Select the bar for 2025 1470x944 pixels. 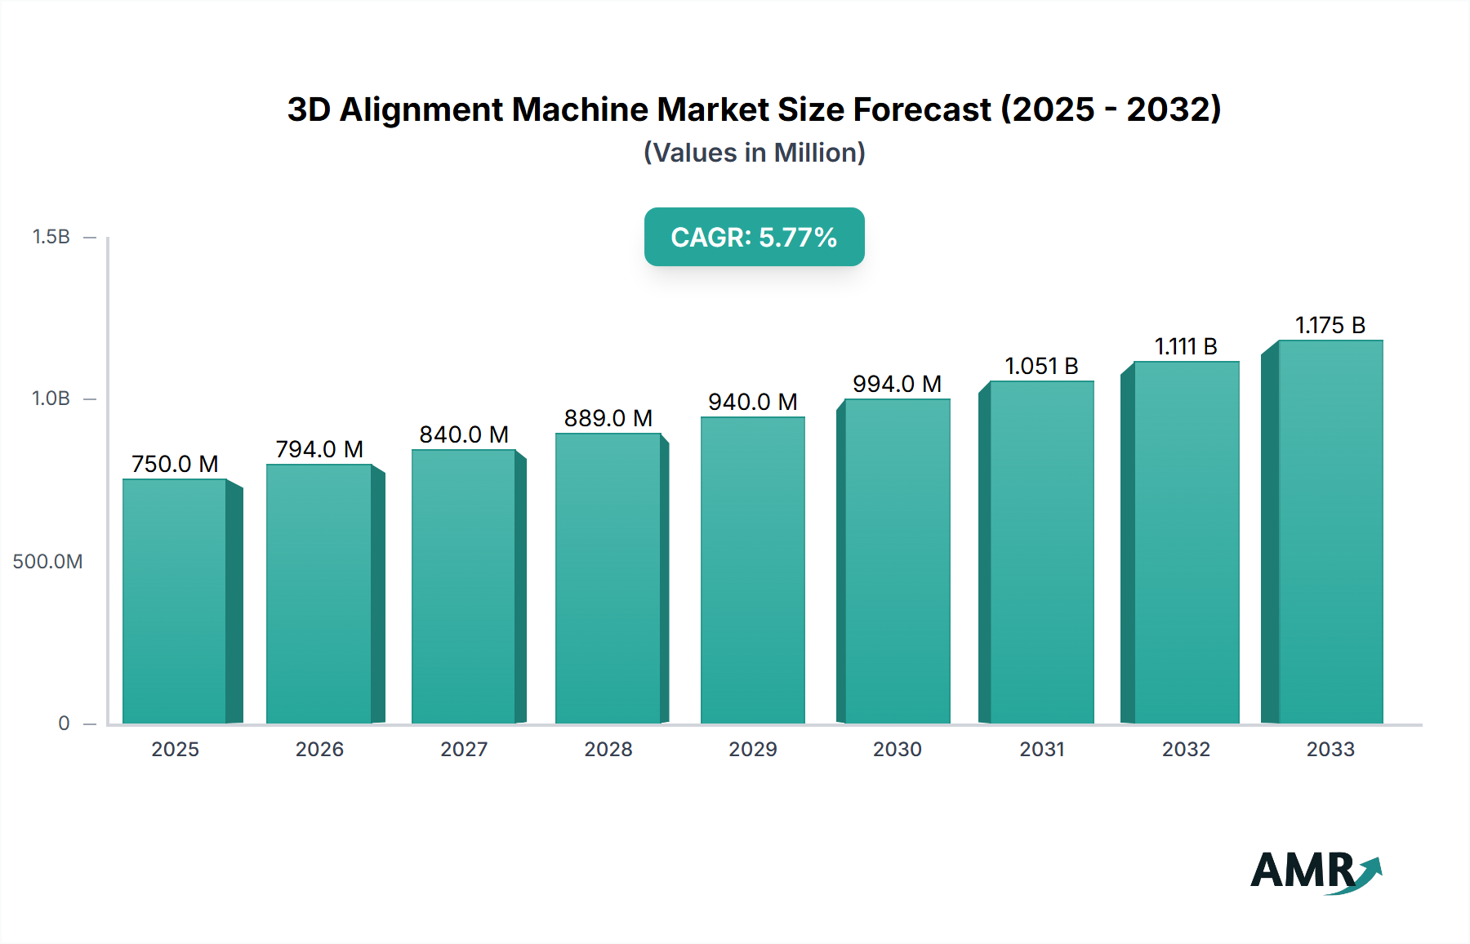pos(175,601)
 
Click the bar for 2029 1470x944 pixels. pos(752,570)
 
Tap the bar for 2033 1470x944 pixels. pos(1330,532)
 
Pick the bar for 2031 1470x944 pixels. pos(1041,552)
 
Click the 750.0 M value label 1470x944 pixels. pos(175,464)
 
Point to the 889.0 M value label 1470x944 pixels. pos(608,418)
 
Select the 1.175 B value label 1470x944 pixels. pos(1330,325)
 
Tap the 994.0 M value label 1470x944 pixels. pos(897,384)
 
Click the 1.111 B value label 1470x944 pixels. pos(1185,346)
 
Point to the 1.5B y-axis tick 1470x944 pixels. pos(51,237)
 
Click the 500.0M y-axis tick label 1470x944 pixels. pos(47,562)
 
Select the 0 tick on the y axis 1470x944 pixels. pos(64,724)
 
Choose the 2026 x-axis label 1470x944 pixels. pos(319,749)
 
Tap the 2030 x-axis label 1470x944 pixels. pos(897,749)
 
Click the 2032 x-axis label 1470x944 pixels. pos(1185,749)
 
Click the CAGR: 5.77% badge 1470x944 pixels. pos(754,237)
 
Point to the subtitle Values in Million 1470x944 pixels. pos(754,153)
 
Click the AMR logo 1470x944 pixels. pos(1315,871)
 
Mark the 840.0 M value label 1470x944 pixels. pos(464,434)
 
